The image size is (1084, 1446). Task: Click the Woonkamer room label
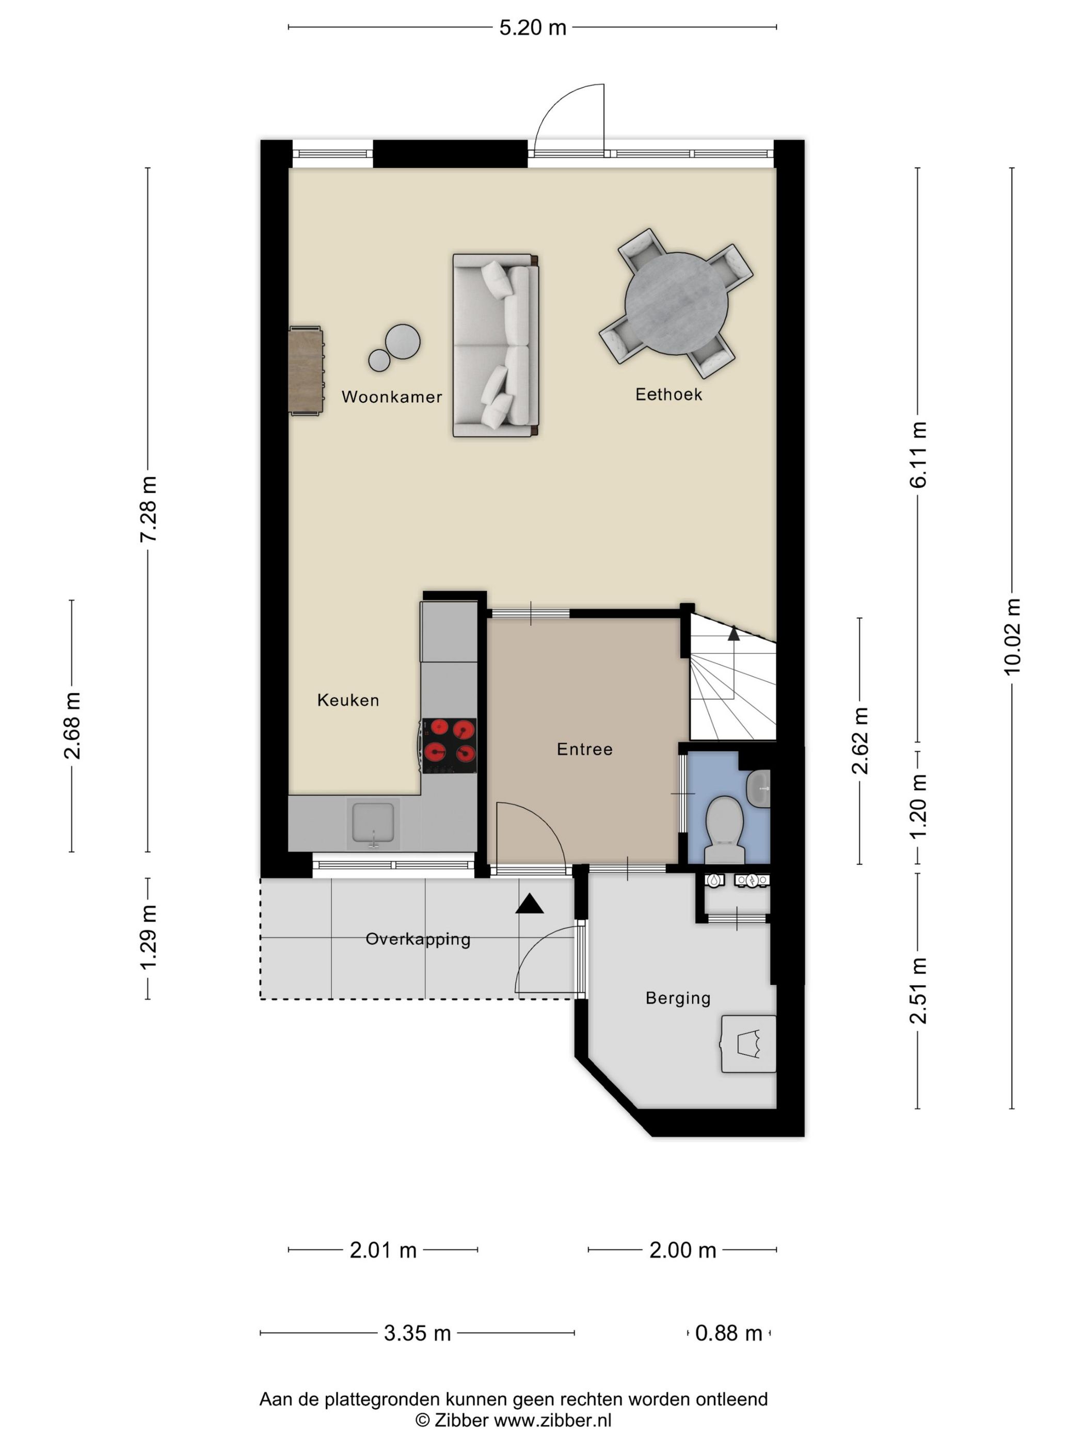click(x=391, y=397)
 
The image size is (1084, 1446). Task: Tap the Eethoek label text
click(x=668, y=394)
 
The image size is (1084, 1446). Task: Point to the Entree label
click(x=584, y=749)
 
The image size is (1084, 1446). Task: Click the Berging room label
click(x=678, y=998)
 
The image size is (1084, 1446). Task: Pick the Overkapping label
click(x=418, y=939)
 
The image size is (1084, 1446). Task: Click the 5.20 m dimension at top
click(x=533, y=27)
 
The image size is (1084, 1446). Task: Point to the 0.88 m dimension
click(x=728, y=1333)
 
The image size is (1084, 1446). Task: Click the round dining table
click(x=676, y=304)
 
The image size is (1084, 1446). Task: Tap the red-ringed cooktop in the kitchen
click(x=449, y=746)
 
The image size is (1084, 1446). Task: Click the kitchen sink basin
click(x=373, y=822)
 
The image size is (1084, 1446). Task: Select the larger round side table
click(x=403, y=342)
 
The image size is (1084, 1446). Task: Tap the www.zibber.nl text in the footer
click(x=552, y=1420)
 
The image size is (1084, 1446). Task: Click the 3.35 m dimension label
click(x=417, y=1333)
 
